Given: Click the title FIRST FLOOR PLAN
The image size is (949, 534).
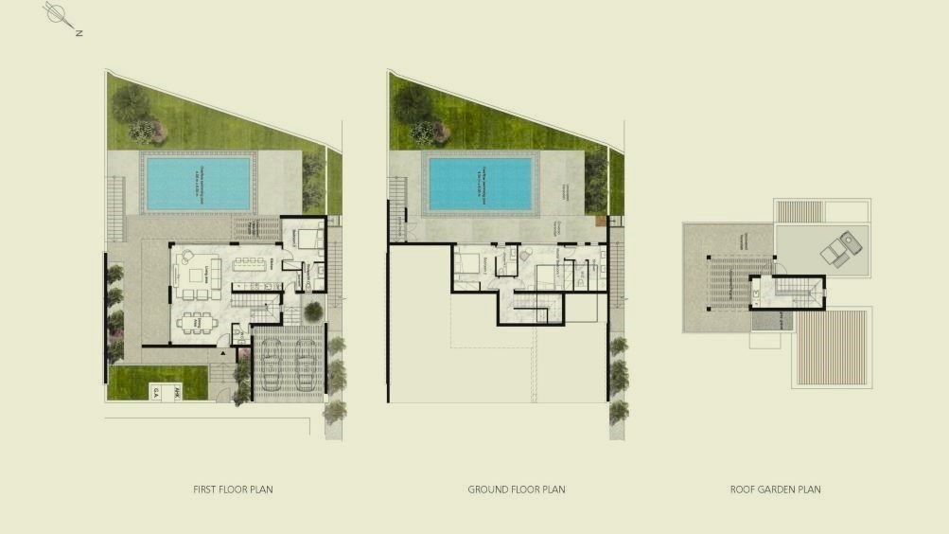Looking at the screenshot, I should pyautogui.click(x=233, y=489).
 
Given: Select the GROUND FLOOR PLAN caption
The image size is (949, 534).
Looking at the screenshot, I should pyautogui.click(x=517, y=489).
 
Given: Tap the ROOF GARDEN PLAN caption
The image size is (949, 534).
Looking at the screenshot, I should pyautogui.click(x=775, y=489).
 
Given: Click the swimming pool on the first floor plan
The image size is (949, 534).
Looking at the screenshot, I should pyautogui.click(x=199, y=184).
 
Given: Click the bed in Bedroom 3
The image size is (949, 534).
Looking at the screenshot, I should pyautogui.click(x=309, y=237).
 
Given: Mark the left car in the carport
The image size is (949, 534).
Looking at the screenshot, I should pyautogui.click(x=272, y=366).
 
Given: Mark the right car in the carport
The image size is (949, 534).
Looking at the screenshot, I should pyautogui.click(x=306, y=366).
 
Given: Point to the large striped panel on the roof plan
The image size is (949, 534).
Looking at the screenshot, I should pyautogui.click(x=833, y=348).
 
